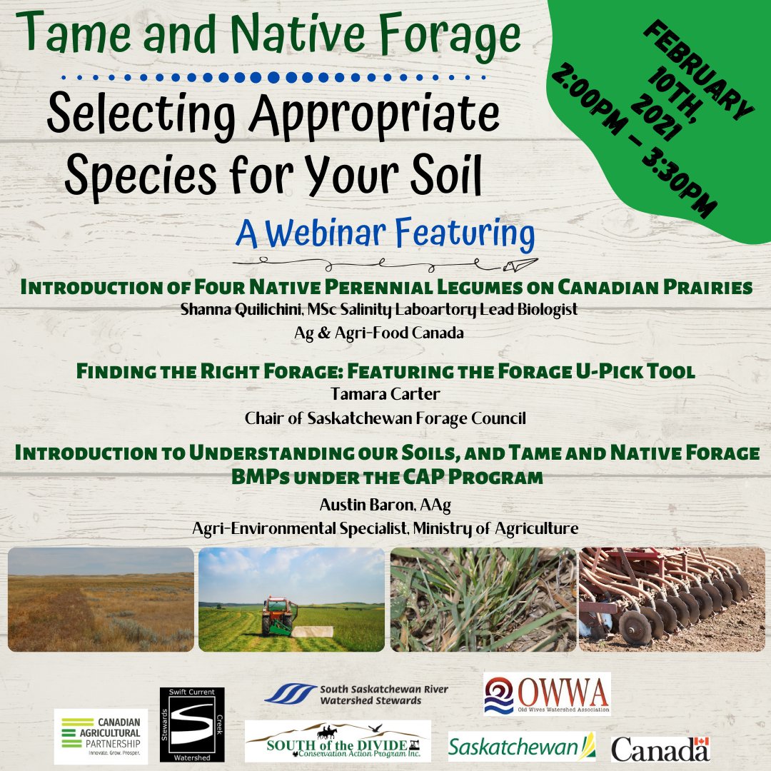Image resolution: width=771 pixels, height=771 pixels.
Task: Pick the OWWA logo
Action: (x=547, y=693)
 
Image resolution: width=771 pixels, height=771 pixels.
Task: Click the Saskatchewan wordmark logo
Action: (x=522, y=747)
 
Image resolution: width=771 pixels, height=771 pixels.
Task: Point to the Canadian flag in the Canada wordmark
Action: (x=702, y=745)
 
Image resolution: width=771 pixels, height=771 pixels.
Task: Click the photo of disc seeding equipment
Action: (x=671, y=600)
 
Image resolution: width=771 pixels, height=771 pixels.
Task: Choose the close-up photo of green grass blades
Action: (x=483, y=600)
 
